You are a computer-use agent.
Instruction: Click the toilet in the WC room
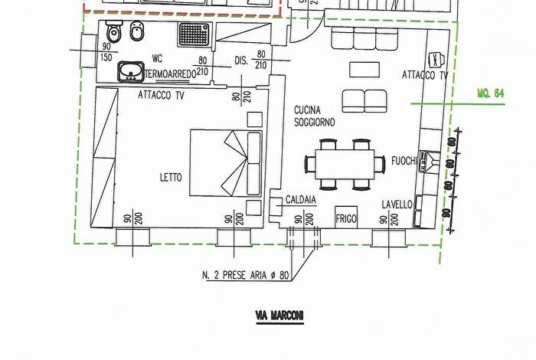pos(114,31)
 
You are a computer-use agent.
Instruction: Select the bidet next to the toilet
pos(138,31)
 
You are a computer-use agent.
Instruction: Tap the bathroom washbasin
pos(131,72)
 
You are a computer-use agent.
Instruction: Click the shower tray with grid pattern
pos(194,34)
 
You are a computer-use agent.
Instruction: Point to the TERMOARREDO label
pos(170,74)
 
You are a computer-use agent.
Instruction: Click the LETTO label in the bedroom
pos(171,178)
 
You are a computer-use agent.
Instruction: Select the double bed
pos(226,162)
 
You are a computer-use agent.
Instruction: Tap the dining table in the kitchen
pos(345,164)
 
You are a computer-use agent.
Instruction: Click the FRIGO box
pos(346,218)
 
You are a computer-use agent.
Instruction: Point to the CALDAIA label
pos(301,200)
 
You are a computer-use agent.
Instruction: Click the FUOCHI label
pos(404,161)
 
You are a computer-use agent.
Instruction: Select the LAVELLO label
pos(397,205)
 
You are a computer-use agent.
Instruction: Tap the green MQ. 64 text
pos(491,93)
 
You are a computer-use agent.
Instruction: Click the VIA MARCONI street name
pos(279,316)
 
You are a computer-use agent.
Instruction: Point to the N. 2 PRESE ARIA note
pos(246,275)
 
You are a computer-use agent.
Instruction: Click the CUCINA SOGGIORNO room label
pos(314,116)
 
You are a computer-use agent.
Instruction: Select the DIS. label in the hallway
pos(241,61)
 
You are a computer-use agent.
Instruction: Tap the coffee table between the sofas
pos(364,70)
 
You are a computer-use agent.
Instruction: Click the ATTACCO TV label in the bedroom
pos(161,95)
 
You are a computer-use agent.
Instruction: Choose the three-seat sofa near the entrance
pos(364,38)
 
